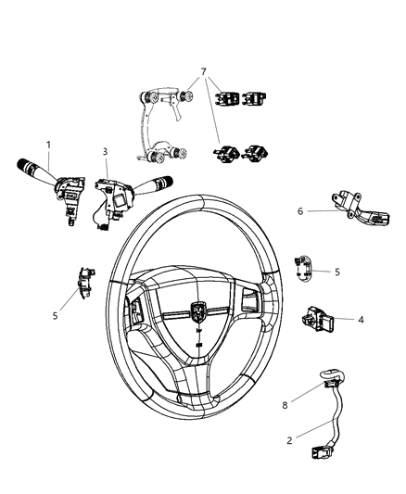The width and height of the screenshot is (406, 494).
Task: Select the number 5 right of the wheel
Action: [336, 272]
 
